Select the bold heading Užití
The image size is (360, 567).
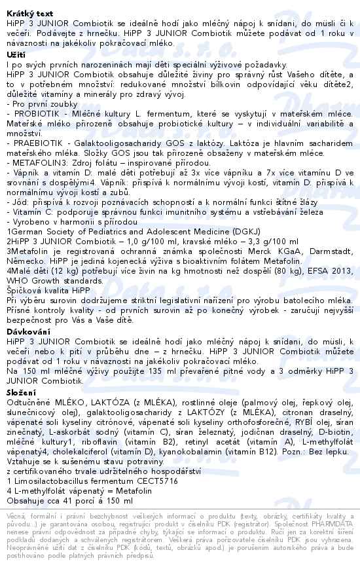[x=16, y=54]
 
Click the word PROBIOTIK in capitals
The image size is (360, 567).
[x=31, y=113]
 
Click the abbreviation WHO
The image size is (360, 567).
[x=15, y=282]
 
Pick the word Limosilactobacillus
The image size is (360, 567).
[x=52, y=481]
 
